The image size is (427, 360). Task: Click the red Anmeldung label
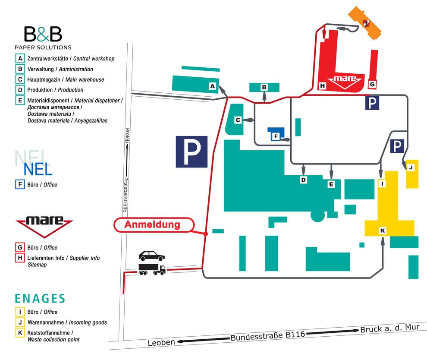point(152,225)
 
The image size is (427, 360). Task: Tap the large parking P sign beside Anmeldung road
point(192,152)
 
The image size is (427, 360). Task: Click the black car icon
point(151,256)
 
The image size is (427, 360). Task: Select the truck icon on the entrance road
point(152,270)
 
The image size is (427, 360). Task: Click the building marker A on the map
point(212,86)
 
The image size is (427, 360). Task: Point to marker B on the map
point(264,88)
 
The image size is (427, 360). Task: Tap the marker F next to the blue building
point(275,137)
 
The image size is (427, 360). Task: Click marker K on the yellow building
point(383,231)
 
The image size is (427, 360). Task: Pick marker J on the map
point(411,167)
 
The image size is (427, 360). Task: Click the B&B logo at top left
point(43,35)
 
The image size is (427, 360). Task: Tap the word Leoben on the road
point(162,342)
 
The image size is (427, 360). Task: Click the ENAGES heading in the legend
point(40,298)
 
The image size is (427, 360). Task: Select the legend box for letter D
point(20,90)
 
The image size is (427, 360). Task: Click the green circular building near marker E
point(317,215)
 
